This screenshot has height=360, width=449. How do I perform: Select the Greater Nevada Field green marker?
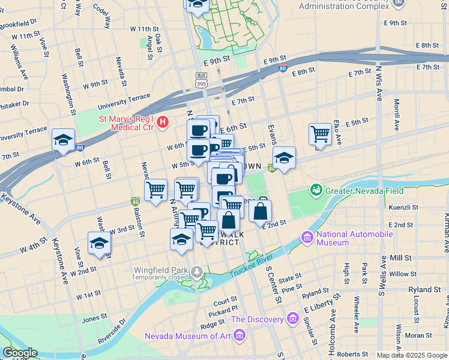click(x=316, y=190)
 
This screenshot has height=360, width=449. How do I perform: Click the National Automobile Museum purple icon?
click(x=308, y=238)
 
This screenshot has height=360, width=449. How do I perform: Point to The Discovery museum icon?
click(x=292, y=317)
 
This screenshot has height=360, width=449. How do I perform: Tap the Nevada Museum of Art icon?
click(x=240, y=334)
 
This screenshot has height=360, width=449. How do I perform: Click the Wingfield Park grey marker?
click(x=197, y=273)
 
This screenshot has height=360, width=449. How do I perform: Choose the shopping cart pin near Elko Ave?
click(x=320, y=134)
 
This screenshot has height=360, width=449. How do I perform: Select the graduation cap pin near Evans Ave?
click(x=284, y=158)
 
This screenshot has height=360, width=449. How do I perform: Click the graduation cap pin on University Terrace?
click(x=63, y=140)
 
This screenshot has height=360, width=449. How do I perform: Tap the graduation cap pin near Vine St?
click(x=99, y=244)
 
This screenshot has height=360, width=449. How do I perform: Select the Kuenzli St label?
click(x=403, y=207)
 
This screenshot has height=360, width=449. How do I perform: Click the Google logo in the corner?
click(x=19, y=352)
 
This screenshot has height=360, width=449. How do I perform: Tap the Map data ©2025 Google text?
click(x=412, y=355)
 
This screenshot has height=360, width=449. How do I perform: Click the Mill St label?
click(x=400, y=257)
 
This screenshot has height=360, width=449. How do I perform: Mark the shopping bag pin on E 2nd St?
click(x=260, y=212)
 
